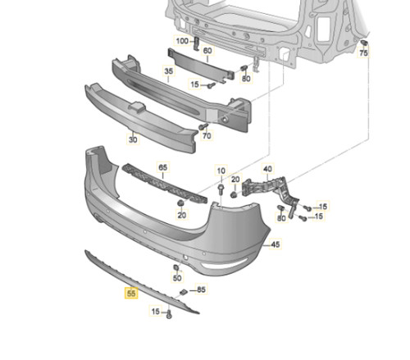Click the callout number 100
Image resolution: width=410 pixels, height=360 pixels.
click(x=182, y=41)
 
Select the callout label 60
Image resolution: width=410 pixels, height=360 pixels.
click(x=207, y=51)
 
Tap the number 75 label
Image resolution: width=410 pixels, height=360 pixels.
click(x=363, y=52)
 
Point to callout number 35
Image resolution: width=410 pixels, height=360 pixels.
click(x=169, y=71)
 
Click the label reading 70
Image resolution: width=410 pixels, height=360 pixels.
click(x=207, y=135)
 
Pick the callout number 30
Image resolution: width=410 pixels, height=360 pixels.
click(x=133, y=139)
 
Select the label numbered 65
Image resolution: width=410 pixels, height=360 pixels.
click(x=163, y=167)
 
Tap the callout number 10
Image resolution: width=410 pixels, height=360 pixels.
click(x=221, y=171)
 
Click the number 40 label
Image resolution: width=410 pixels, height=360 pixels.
click(x=267, y=169)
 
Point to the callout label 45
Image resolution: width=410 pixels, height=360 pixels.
click(x=276, y=244)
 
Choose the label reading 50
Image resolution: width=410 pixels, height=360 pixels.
click(x=177, y=278)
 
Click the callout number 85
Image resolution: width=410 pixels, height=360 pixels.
click(x=201, y=289)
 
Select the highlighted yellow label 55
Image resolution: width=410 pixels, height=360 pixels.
click(x=131, y=294)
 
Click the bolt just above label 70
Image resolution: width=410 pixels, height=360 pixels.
click(x=203, y=126)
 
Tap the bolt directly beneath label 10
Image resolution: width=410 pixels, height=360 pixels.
click(x=221, y=189)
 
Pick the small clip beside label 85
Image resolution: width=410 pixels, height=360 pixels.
click(x=184, y=292)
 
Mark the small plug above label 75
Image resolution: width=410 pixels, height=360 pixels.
click(x=364, y=43)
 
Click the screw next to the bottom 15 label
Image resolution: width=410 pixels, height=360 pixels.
click(x=170, y=314)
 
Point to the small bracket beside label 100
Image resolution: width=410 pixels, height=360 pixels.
click(x=197, y=43)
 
